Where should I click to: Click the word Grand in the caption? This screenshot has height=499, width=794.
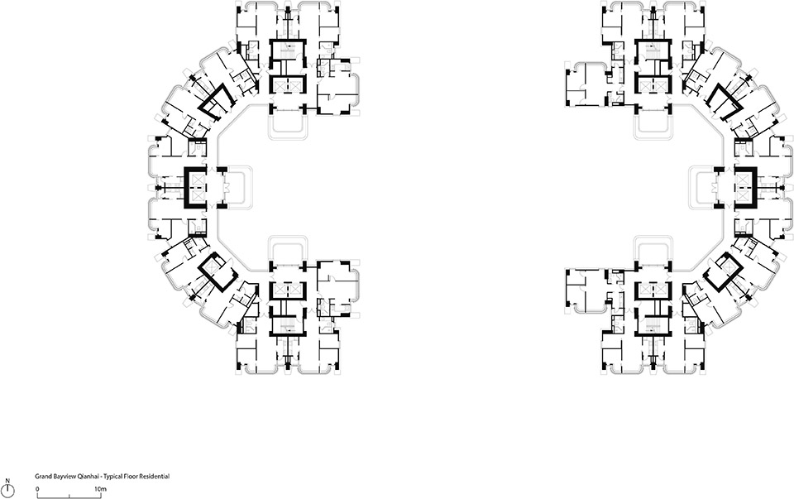pyautogui.click(x=44, y=477)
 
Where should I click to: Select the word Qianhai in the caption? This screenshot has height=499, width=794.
pyautogui.click(x=92, y=477)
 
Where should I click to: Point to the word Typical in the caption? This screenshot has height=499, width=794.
pyautogui.click(x=120, y=477)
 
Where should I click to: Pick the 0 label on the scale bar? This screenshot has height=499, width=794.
pyautogui.click(x=38, y=489)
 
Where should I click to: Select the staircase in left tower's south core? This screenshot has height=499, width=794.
pyautogui.click(x=286, y=329)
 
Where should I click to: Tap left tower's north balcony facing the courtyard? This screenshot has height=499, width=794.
pyautogui.click(x=286, y=126)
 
